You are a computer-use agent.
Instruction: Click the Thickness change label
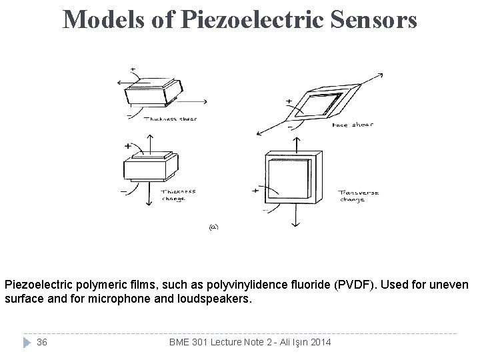click(x=179, y=194)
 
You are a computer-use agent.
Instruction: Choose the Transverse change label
click(x=359, y=196)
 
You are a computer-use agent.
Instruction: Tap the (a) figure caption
click(x=213, y=227)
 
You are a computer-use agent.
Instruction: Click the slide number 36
click(x=41, y=342)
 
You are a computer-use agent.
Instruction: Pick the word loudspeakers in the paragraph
click(x=219, y=299)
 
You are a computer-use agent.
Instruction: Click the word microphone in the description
click(x=114, y=299)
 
